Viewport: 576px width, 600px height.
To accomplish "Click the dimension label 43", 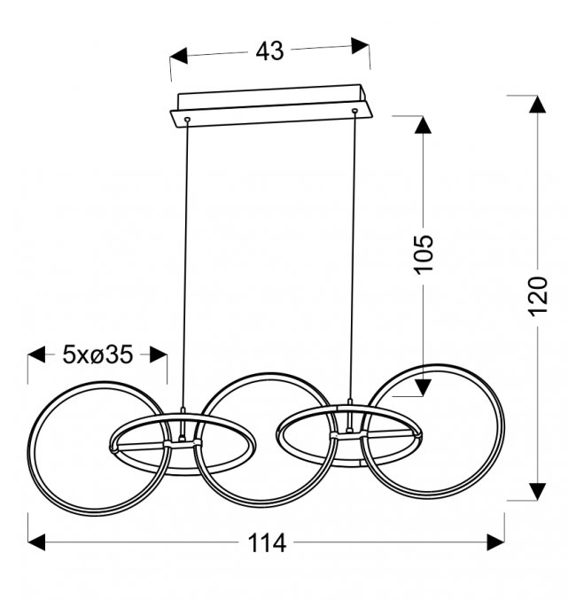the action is (269, 51).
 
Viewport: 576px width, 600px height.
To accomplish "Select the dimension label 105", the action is (424, 254).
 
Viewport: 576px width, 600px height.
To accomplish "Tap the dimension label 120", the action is (538, 296).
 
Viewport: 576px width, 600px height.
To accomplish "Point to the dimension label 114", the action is (267, 542).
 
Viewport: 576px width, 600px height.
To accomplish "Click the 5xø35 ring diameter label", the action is (98, 355).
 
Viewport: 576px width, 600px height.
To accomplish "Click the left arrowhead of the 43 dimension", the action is (179, 56).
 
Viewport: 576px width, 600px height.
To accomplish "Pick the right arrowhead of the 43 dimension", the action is (361, 45).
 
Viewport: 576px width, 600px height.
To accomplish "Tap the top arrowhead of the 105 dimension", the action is (423, 125).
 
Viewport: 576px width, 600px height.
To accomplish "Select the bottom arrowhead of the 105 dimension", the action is (423, 387).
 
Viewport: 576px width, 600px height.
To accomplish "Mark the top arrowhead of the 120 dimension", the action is (537, 104).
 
